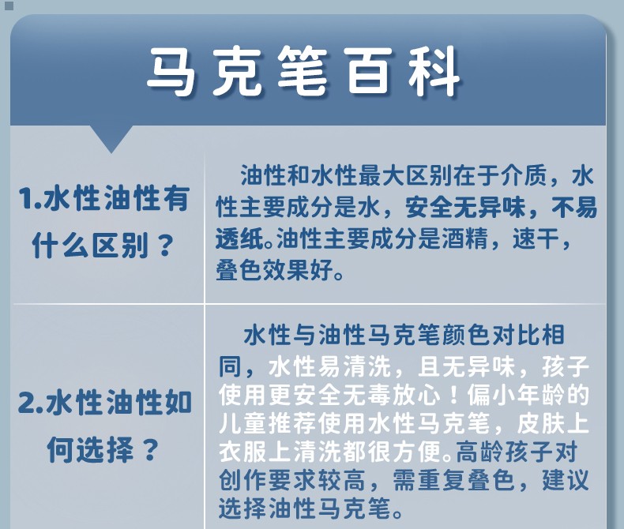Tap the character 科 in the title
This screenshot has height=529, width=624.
[434, 72]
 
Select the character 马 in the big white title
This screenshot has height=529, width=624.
[172, 72]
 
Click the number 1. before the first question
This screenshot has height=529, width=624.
[29, 198]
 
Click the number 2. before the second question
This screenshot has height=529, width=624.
[32, 403]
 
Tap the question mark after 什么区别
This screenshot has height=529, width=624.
[164, 246]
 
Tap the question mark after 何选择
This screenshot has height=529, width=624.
[149, 450]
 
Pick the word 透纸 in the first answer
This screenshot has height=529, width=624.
[240, 239]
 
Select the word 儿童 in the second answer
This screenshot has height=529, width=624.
[242, 424]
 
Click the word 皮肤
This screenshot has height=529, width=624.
[539, 424]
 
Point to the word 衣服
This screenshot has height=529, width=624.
[242, 452]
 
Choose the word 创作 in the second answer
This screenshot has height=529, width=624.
[242, 481]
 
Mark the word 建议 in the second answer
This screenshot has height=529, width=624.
[566, 481]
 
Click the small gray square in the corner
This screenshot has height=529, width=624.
[9, 6]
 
